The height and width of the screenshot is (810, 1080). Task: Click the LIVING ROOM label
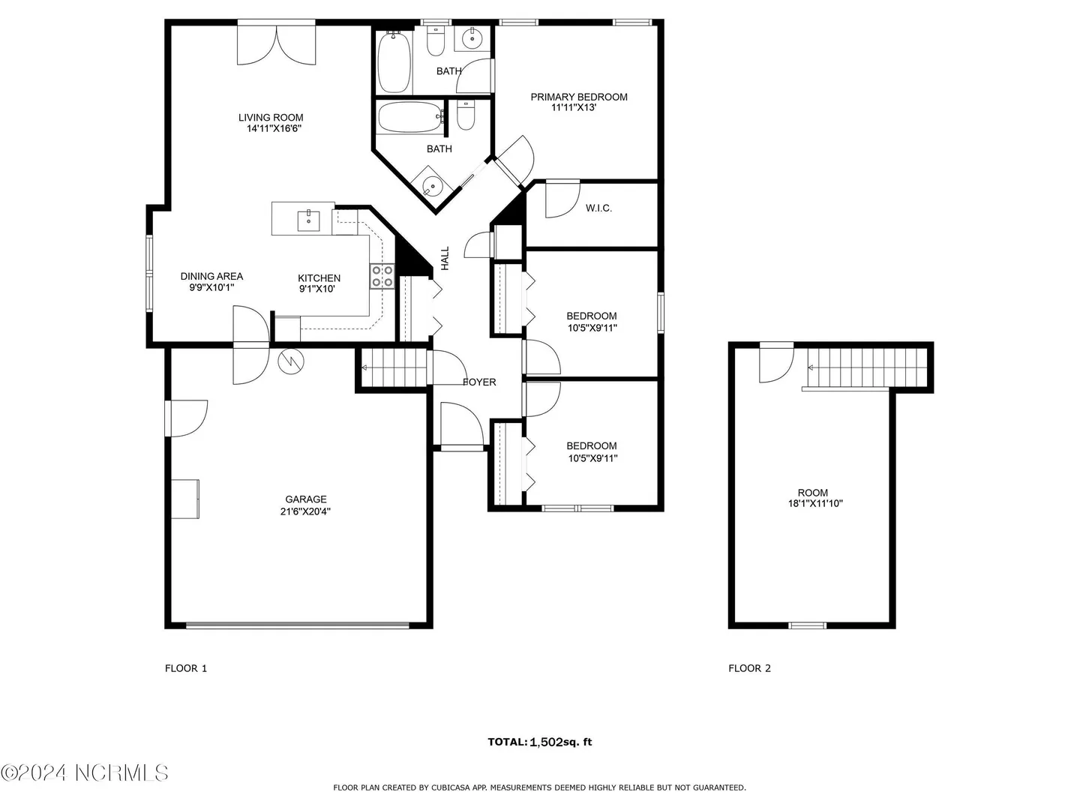[x=271, y=118]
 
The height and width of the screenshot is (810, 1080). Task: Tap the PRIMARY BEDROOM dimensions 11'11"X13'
[x=574, y=108]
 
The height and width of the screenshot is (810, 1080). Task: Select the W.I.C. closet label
[x=598, y=208]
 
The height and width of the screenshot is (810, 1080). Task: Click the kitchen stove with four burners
[x=382, y=276]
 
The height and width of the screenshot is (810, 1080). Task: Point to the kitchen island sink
[x=308, y=221]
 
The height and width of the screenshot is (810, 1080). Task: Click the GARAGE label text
[x=305, y=499]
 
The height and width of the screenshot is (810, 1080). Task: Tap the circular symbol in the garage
[x=291, y=361]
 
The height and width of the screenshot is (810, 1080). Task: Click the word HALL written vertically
[x=445, y=258]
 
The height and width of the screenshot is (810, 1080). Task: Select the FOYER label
[x=479, y=382]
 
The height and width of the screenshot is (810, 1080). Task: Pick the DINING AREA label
[x=211, y=277]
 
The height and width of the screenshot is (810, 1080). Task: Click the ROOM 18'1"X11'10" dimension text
[x=815, y=503]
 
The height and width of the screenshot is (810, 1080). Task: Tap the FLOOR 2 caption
[x=749, y=667]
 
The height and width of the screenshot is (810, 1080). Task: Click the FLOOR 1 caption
[x=186, y=667]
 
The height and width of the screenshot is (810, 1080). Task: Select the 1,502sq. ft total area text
[x=560, y=742]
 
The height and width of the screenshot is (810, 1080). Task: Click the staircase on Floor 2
[x=866, y=367]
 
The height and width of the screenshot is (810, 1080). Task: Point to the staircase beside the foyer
[x=394, y=367]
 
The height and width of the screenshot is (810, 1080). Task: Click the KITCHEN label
[x=319, y=277]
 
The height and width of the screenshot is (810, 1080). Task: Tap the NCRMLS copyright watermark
[x=85, y=772]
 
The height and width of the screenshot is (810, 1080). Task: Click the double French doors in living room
[x=276, y=45]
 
